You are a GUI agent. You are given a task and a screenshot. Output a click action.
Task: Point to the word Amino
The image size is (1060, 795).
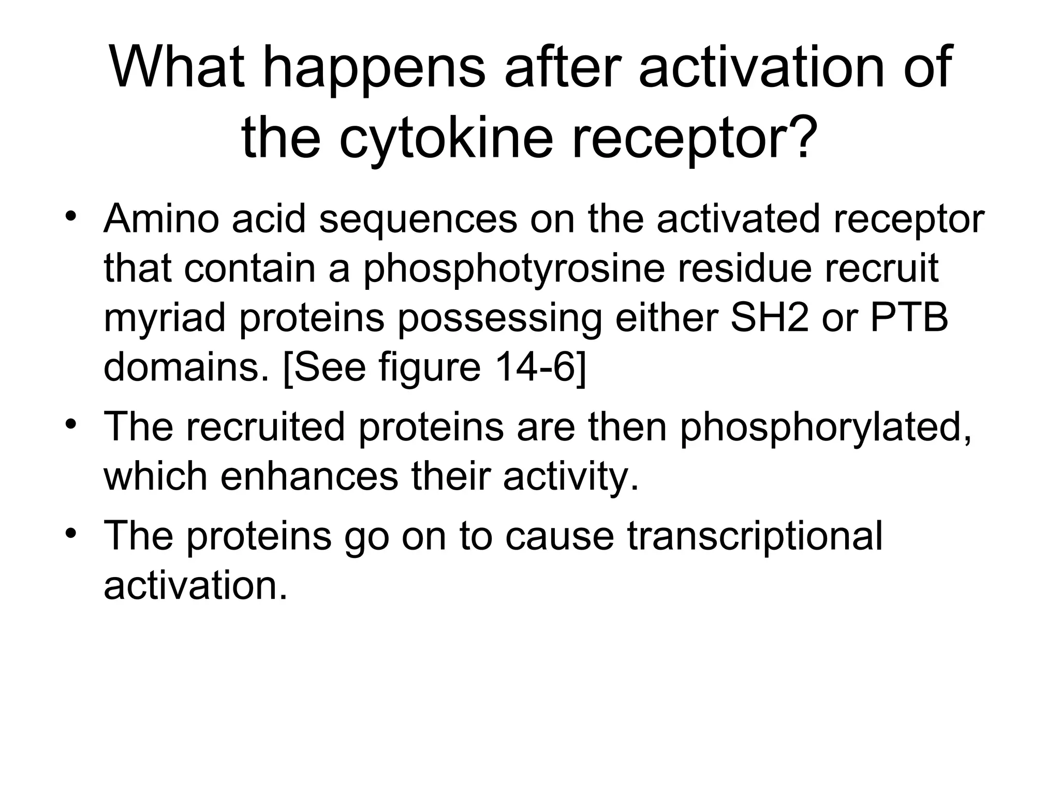point(161,219)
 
